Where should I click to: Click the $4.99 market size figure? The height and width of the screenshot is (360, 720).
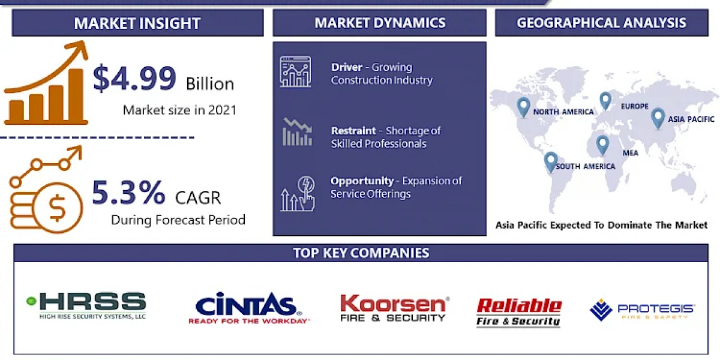[134, 78]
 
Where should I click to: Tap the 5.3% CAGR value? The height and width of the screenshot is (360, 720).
[128, 193]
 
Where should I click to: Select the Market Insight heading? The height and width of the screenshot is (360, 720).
[137, 23]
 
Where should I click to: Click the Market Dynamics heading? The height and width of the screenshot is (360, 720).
[380, 23]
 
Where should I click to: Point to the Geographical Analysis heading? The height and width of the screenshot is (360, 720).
[601, 23]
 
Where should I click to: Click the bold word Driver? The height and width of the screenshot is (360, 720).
[347, 67]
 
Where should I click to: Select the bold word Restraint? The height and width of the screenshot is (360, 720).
[353, 131]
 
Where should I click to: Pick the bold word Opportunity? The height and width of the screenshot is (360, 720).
[362, 181]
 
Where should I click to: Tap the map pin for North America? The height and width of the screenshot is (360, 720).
[523, 107]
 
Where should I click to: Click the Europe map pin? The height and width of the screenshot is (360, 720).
[605, 101]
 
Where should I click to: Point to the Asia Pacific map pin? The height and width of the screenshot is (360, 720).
[658, 118]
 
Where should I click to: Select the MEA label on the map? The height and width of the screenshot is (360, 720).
[631, 153]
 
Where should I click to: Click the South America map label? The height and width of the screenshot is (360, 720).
[586, 167]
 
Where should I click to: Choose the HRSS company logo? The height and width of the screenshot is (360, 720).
[86, 305]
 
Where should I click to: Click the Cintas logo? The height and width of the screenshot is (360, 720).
[249, 308]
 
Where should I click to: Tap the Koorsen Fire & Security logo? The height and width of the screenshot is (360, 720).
[395, 308]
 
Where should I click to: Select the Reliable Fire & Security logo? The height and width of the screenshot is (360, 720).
[519, 312]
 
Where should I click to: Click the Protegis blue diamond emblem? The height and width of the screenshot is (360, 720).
[601, 310]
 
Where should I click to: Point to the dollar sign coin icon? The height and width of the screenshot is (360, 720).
[58, 208]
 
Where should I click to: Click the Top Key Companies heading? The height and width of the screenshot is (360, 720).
[361, 253]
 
